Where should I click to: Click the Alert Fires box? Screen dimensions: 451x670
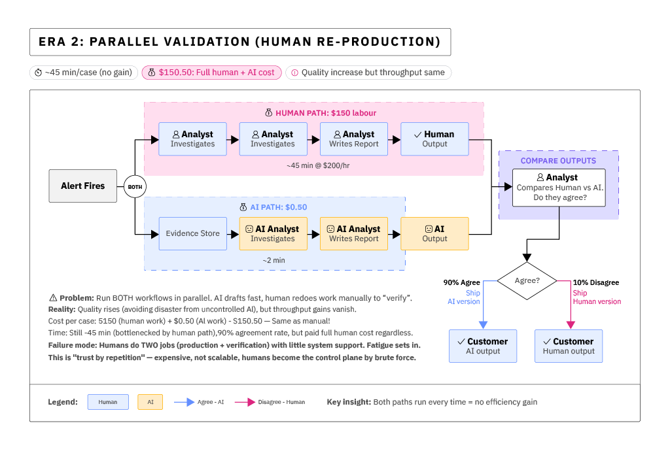(83, 186)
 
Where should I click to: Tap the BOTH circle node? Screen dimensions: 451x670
(135, 186)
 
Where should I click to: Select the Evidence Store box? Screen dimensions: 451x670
(192, 233)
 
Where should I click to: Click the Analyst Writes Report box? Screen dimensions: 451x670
(354, 139)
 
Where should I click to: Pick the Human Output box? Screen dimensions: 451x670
(434, 139)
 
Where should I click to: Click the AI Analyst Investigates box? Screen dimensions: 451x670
(273, 233)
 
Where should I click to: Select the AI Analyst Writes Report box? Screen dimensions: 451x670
(354, 233)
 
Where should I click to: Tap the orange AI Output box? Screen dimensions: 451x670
(434, 233)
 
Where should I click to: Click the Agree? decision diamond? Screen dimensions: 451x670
(527, 281)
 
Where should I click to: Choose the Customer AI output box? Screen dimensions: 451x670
(483, 346)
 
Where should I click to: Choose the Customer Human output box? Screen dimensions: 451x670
(569, 346)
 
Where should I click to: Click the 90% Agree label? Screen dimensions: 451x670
(461, 282)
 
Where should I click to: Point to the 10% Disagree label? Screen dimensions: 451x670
(595, 282)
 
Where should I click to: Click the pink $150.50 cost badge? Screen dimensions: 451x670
(212, 73)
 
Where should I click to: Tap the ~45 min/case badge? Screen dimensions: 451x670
(83, 73)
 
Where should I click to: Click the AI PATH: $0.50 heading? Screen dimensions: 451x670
(273, 207)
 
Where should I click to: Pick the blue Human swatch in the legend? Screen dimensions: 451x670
(108, 402)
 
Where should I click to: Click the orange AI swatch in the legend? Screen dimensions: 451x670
(150, 402)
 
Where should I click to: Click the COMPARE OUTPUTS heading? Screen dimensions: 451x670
(558, 161)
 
